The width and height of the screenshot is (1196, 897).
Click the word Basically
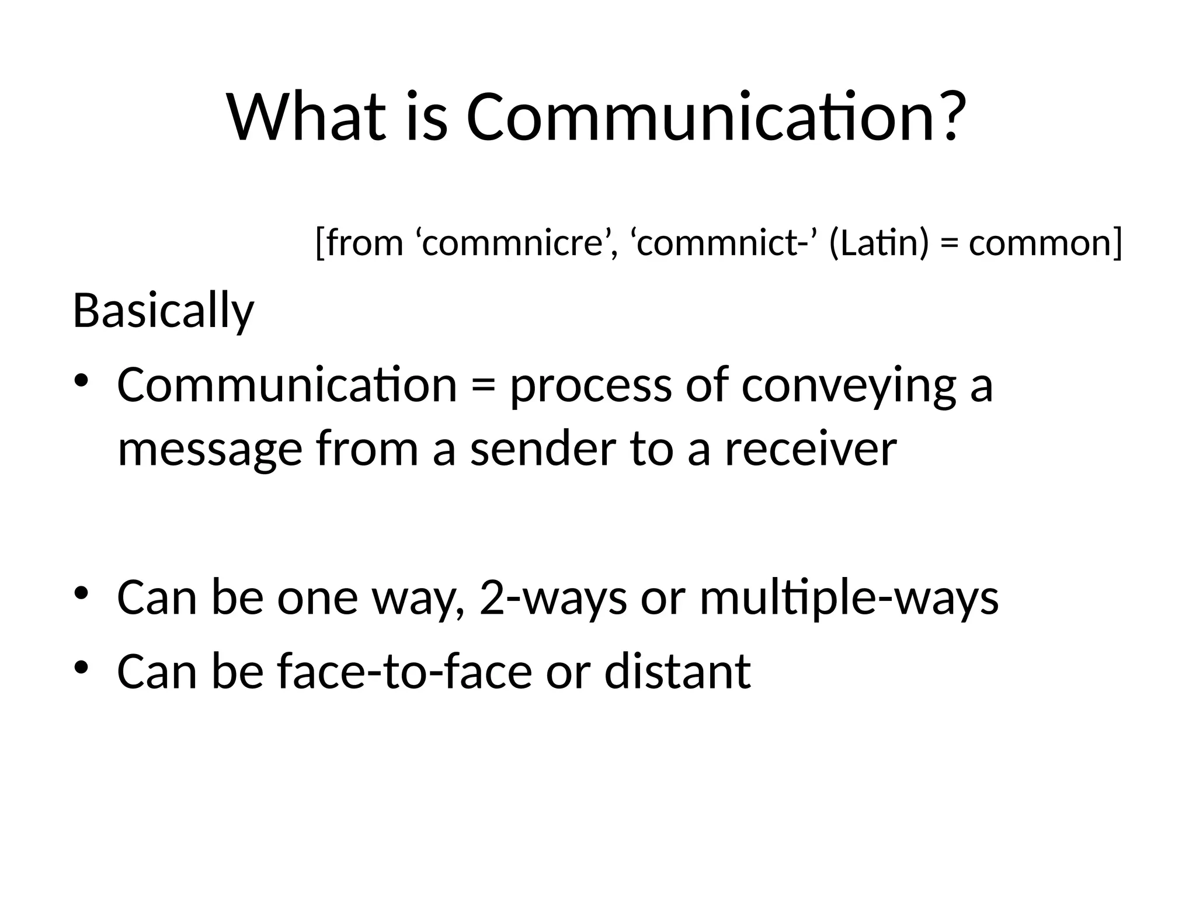(x=164, y=312)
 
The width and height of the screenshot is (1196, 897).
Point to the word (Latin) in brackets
(x=878, y=243)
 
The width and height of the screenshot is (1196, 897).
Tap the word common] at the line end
(x=1045, y=243)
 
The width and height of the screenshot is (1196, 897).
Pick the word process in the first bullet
(x=590, y=387)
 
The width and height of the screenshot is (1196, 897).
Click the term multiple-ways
(x=849, y=598)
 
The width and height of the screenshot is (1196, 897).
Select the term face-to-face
(x=405, y=672)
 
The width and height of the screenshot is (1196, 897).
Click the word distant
(x=677, y=672)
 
